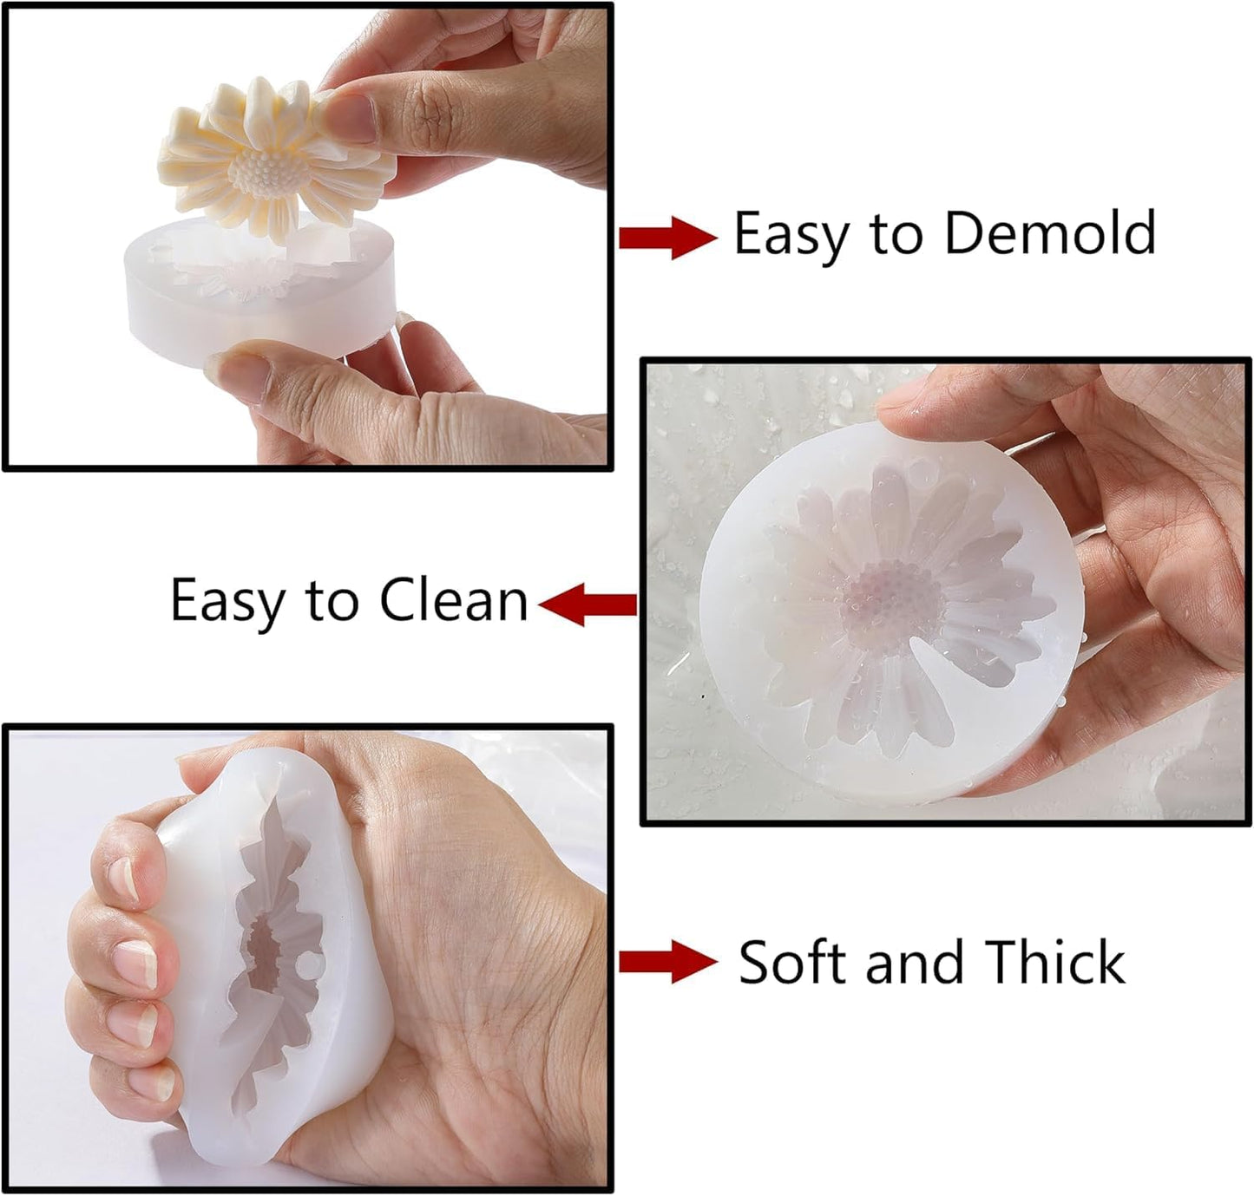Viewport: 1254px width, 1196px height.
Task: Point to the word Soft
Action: (796, 962)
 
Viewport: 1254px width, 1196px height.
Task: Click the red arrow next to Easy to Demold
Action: (666, 237)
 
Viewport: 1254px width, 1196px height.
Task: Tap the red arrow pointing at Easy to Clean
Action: (588, 603)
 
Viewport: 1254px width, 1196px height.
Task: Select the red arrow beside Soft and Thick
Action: (666, 962)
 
